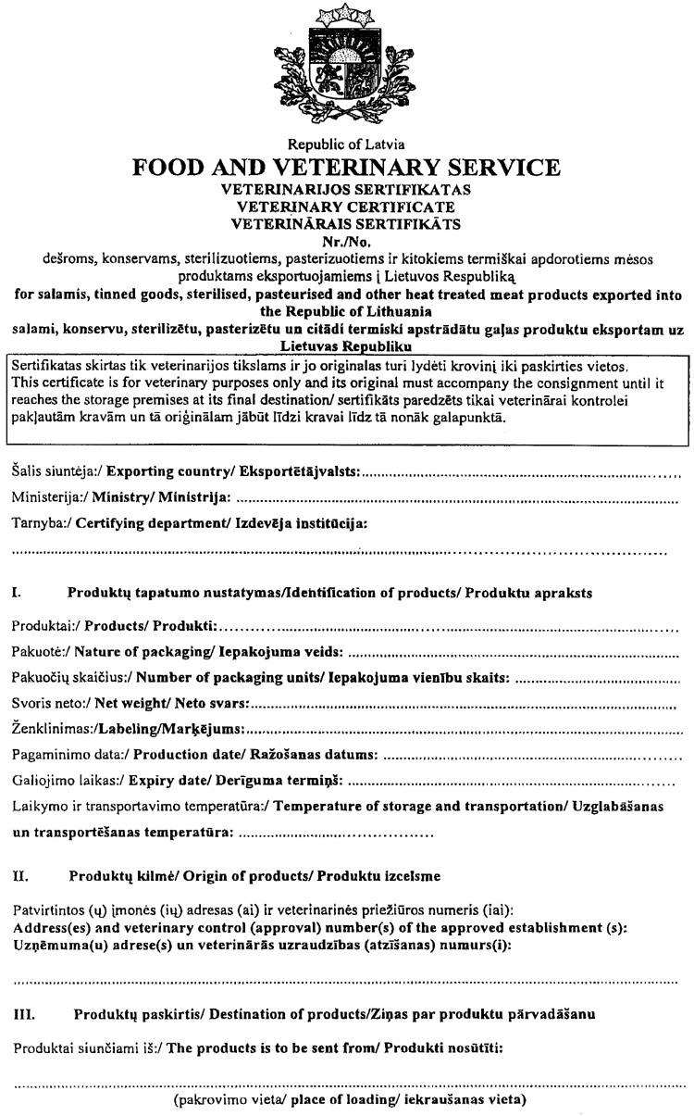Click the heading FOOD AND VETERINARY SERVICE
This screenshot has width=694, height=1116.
347,168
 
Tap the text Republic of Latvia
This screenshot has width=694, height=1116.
347,144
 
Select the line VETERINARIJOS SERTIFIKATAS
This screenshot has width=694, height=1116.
347,188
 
